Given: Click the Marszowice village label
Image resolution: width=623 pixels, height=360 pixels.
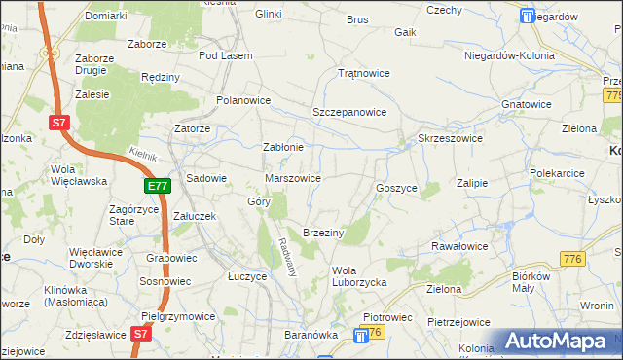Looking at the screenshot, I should point(293,178).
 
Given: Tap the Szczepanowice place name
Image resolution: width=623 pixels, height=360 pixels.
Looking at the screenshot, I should point(349,112).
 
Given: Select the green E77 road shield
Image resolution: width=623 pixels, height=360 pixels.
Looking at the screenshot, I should point(159,185).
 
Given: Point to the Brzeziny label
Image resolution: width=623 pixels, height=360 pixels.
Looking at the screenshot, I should point(325,233).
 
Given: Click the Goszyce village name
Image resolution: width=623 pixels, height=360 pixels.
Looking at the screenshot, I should point(396,187).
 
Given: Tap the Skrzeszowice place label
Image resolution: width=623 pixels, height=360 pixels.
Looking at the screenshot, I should point(450,138).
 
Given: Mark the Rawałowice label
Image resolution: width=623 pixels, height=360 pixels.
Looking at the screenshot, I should point(458,246).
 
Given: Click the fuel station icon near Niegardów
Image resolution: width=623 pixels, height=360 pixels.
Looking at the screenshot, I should point(529,16).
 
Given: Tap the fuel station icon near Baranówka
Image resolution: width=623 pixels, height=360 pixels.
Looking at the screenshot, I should point(362,335).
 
